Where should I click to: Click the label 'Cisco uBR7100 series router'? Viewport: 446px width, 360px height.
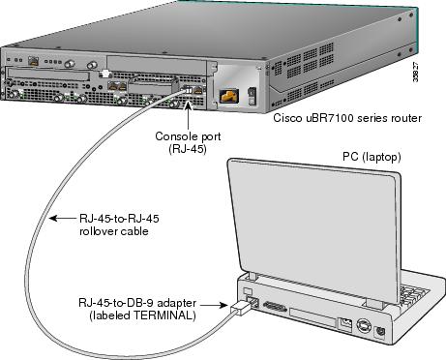347,118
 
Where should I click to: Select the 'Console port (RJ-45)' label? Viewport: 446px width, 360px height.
188,142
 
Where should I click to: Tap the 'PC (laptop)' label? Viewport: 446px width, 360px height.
372,157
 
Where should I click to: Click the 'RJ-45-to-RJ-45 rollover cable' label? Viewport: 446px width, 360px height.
119,225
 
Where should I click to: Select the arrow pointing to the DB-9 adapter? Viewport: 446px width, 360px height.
214,305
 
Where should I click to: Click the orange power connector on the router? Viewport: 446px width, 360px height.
229,96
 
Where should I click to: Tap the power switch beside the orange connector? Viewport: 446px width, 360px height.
252,96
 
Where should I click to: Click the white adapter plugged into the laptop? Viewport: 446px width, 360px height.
240,309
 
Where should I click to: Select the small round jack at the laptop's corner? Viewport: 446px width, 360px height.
380,333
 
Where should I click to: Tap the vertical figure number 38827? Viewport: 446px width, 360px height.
416,72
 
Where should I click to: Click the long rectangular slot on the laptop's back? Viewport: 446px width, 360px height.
312,317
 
